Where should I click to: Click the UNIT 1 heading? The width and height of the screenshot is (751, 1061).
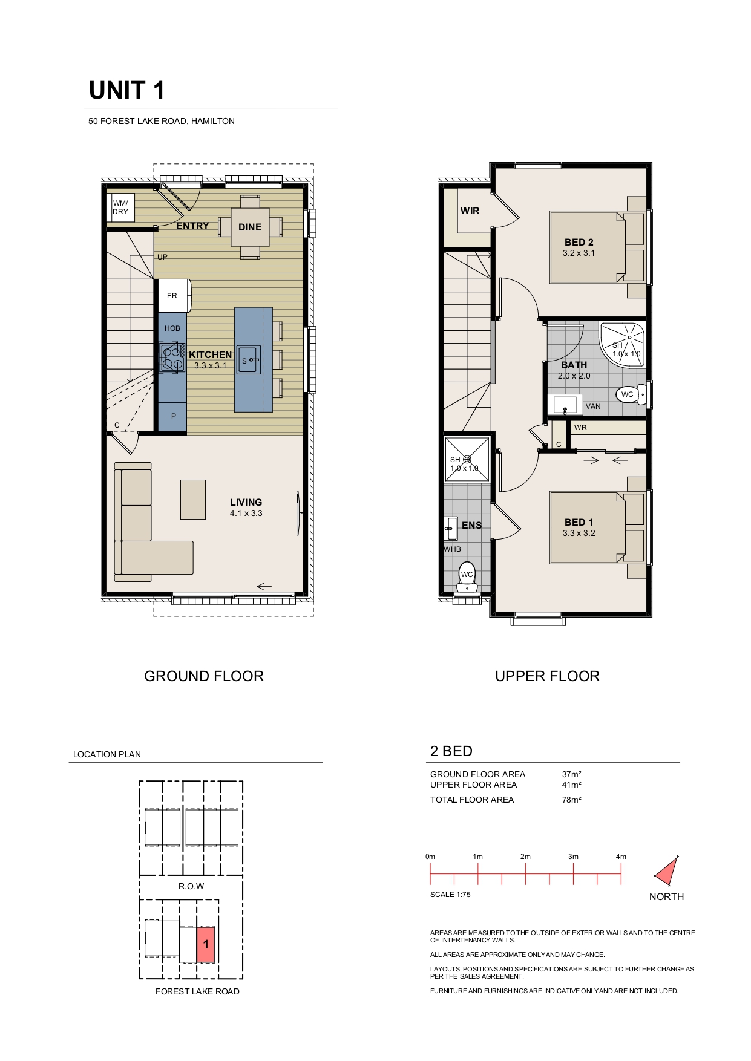click(126, 90)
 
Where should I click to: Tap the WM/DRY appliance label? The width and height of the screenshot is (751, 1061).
click(120, 207)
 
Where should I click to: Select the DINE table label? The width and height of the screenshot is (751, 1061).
click(250, 227)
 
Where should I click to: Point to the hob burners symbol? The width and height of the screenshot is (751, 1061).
click(172, 357)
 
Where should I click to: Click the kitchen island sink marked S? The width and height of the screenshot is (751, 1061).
click(248, 360)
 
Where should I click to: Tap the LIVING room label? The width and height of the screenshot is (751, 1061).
click(246, 502)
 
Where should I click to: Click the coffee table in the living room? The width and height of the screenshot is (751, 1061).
click(193, 499)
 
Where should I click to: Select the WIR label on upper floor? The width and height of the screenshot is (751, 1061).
click(470, 211)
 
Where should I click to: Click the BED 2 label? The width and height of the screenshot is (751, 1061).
click(579, 242)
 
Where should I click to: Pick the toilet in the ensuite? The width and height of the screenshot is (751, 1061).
click(467, 577)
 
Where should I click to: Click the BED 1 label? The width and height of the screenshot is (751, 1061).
click(579, 522)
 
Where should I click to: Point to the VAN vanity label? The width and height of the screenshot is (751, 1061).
click(593, 406)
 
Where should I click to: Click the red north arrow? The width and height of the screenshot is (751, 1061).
click(667, 872)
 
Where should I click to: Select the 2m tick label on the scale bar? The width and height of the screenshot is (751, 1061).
click(525, 857)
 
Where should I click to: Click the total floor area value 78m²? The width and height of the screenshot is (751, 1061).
click(572, 800)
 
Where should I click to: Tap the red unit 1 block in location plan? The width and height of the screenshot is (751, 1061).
click(206, 944)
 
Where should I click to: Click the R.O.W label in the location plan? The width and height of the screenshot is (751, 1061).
click(191, 886)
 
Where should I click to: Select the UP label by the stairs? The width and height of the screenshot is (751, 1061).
click(162, 257)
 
